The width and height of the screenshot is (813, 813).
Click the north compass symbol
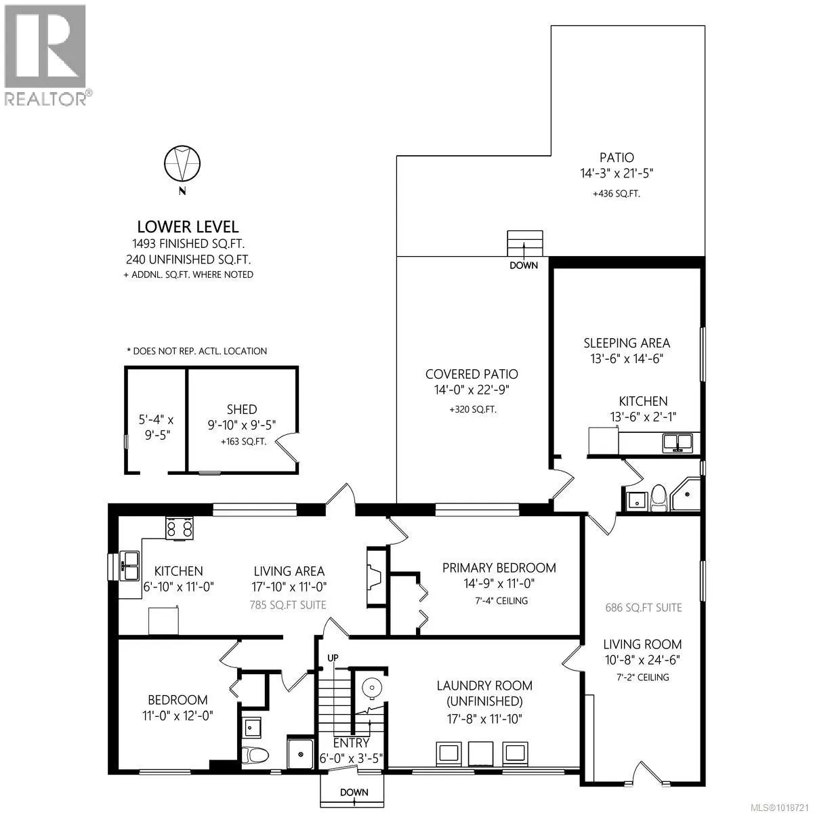[x=182, y=163]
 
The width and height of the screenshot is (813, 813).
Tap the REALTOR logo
[x=45, y=55]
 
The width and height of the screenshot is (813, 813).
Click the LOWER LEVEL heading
[x=188, y=228]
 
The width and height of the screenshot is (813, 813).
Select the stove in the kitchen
[x=180, y=528]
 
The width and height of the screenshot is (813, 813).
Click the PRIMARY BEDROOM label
[x=499, y=568]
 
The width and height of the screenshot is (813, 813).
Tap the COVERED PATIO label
[x=472, y=374]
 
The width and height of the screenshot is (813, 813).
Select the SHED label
[x=242, y=409]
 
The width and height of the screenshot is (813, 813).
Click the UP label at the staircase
[x=333, y=658]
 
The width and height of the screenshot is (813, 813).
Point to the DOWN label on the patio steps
[x=524, y=265]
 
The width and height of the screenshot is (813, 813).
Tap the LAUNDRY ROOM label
[x=484, y=686]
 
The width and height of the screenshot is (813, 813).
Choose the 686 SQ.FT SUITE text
[x=643, y=608]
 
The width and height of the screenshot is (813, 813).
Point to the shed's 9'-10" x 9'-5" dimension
[x=242, y=425]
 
